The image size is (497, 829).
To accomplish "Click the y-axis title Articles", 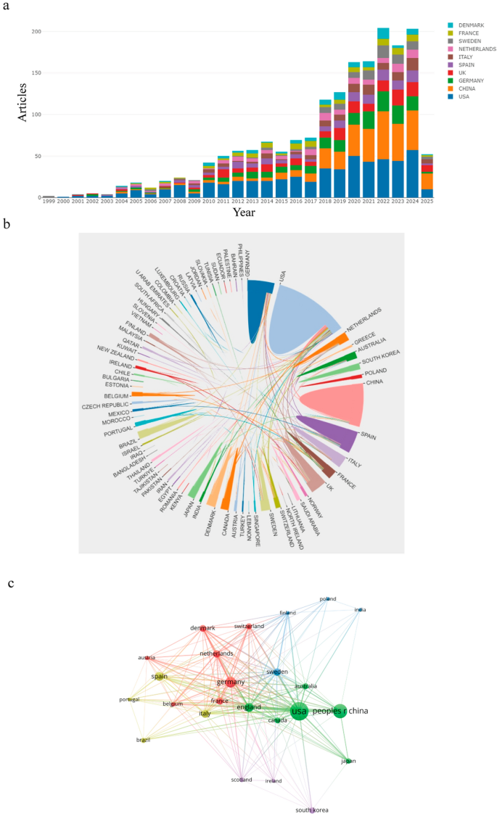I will coord(22,99).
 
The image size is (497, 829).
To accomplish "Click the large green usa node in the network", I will coord(298,712).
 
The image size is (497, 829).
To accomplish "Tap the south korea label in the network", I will coord(312,810).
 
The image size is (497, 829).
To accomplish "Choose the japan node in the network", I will coord(349,760).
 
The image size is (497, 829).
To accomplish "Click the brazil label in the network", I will coord(143,740).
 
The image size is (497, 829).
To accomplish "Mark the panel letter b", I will coord(7,226).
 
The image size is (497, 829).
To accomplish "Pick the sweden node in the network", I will coord(276,672).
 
